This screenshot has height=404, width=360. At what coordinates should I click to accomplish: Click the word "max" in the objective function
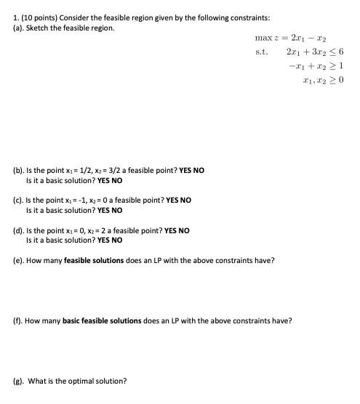point(263,38)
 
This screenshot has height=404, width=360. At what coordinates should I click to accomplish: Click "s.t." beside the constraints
point(262,52)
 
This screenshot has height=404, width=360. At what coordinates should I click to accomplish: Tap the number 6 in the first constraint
point(341,52)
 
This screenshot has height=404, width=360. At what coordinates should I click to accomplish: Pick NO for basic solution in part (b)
point(116,180)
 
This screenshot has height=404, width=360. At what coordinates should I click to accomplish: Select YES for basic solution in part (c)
point(103,210)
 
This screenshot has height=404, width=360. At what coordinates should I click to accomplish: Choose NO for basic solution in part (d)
point(116,240)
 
